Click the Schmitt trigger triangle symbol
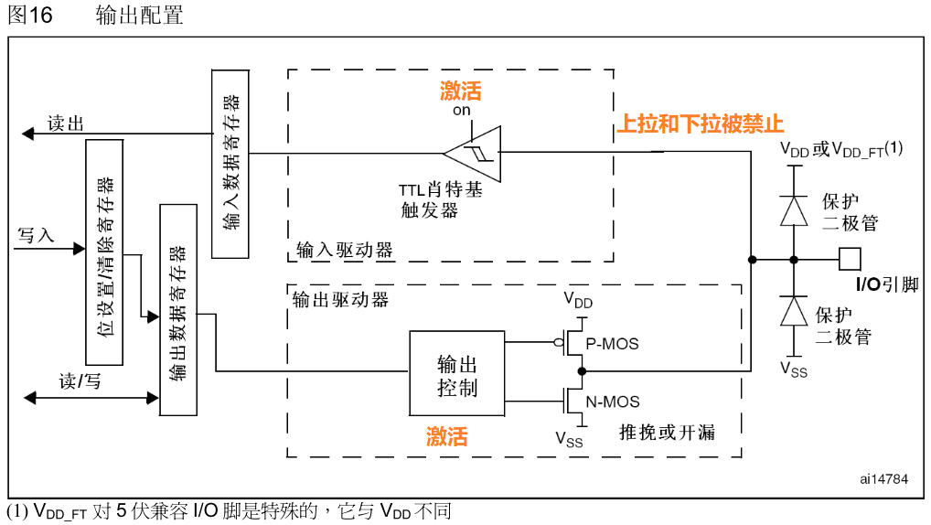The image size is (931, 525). pos(475,152)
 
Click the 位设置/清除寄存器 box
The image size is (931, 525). pos(104,252)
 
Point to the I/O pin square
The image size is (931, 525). pos(851,260)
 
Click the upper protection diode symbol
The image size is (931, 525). pos(793,210)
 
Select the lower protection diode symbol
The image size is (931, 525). pos(793,312)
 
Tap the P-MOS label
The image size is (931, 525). pos(612,344)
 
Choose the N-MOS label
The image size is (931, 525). pos(613,402)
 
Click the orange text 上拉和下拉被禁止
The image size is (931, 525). pos(701,124)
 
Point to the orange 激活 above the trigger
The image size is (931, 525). pos(461,91)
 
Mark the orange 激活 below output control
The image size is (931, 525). pos(447,436)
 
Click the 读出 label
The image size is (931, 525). pos(66,123)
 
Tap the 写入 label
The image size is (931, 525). pos(37,235)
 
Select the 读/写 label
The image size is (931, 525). pos(80,381)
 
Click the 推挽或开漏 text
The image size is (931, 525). pos(667,433)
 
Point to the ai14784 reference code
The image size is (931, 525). pos(883,478)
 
